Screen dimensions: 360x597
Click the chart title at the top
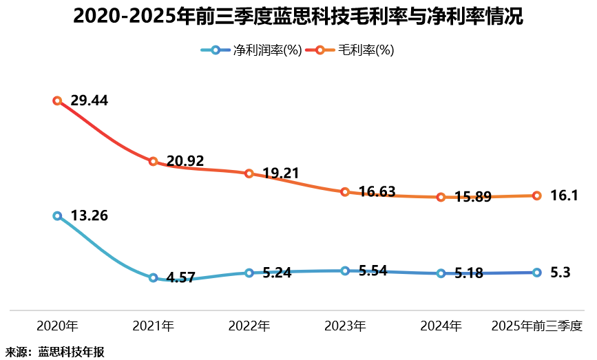[x=297, y=17]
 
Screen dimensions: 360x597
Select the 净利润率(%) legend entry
[x=251, y=50]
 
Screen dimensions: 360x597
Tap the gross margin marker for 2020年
[x=57, y=100]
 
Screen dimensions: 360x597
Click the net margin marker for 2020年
[x=57, y=215]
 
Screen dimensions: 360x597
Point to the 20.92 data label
[x=185, y=161]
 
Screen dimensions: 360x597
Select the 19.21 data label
[x=280, y=173]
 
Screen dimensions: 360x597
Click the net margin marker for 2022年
[x=249, y=273]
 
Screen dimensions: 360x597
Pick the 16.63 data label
[x=377, y=191]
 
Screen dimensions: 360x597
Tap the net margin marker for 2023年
[x=344, y=271]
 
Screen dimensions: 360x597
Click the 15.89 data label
[x=472, y=197]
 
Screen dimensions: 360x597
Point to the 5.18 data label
[x=468, y=273]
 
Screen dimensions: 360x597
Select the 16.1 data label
[x=564, y=195]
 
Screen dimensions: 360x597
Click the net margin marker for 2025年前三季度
[x=536, y=273]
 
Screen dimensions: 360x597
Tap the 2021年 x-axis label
[x=153, y=326]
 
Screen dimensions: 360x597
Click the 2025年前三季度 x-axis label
[x=536, y=326]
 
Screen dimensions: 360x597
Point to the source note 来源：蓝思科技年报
[x=55, y=352]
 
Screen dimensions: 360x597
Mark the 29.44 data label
[x=90, y=100]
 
